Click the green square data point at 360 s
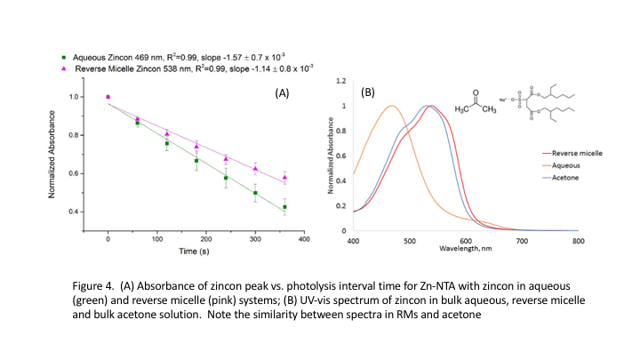(x=285, y=207)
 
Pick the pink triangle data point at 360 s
(x=285, y=178)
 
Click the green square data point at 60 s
(x=138, y=123)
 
